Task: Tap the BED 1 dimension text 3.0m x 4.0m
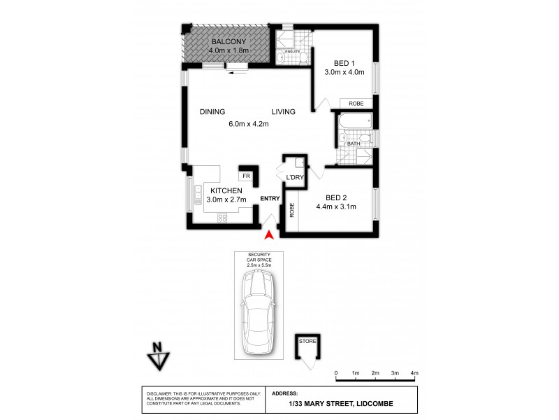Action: coord(344,72)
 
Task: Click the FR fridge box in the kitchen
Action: coord(247,176)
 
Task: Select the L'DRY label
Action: coord(293,177)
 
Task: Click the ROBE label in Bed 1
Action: coord(356,103)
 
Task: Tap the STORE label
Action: coord(307,341)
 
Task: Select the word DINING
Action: coord(212,112)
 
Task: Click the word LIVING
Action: coord(284,112)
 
